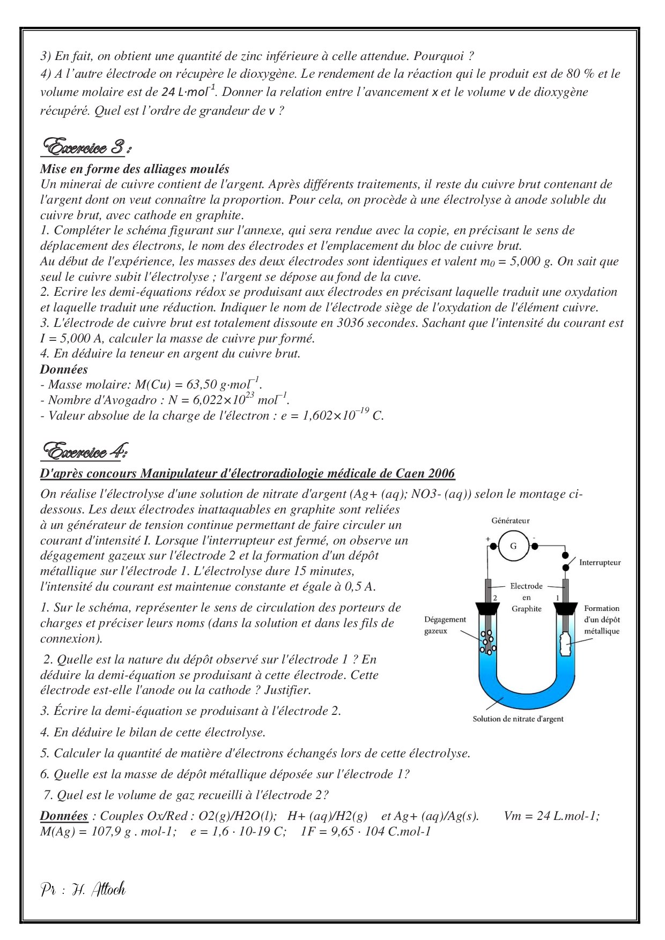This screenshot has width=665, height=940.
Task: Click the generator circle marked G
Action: tap(513, 546)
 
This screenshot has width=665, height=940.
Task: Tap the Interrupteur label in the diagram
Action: tap(600, 562)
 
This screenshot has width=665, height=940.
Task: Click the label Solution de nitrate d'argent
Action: tap(518, 719)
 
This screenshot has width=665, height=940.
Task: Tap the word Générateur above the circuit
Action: tap(510, 520)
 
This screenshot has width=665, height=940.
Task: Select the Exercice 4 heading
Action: tap(84, 451)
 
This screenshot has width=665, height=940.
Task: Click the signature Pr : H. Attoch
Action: tap(83, 889)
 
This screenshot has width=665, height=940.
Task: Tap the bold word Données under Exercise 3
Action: tap(64, 369)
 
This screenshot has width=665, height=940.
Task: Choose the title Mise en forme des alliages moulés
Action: tap(135, 169)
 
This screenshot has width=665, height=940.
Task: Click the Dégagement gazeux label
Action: tap(445, 625)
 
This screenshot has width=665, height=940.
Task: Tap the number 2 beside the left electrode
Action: tap(495, 597)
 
